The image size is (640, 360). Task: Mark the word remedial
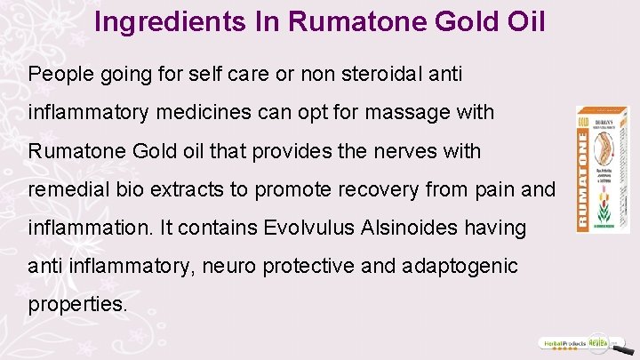pyautogui.click(x=63, y=189)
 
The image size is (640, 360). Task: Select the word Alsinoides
pyautogui.click(x=408, y=228)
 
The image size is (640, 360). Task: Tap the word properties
pyautogui.click(x=78, y=304)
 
